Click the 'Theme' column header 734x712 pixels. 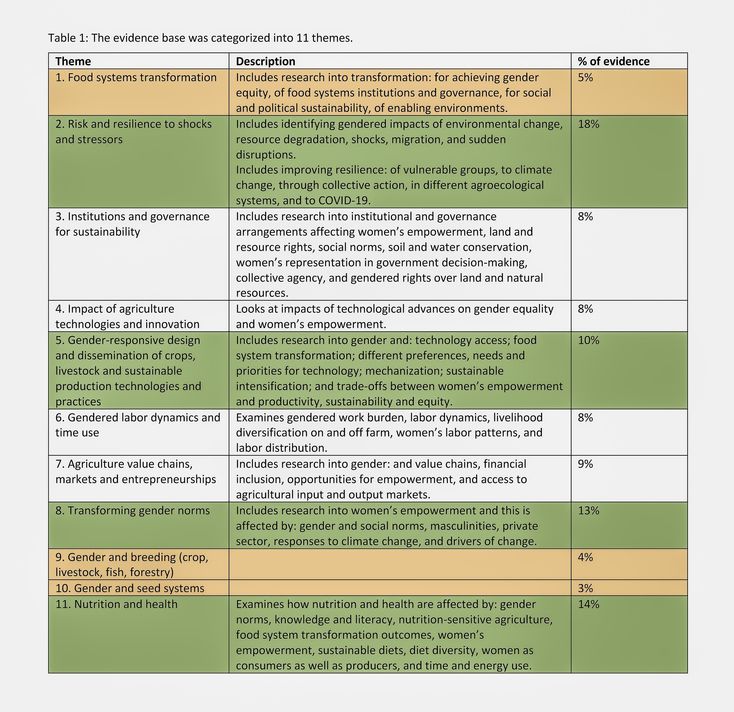[73, 61]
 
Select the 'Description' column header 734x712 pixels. [265, 61]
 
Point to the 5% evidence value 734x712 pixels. [585, 77]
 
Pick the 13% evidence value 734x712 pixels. [588, 511]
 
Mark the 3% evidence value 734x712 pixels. [585, 588]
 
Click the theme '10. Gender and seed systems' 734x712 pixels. [130, 588]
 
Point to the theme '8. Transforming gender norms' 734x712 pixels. [133, 511]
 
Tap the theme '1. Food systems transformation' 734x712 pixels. [136, 77]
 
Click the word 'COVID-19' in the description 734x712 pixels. [344, 201]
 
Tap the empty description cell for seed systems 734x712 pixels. [400, 588]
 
